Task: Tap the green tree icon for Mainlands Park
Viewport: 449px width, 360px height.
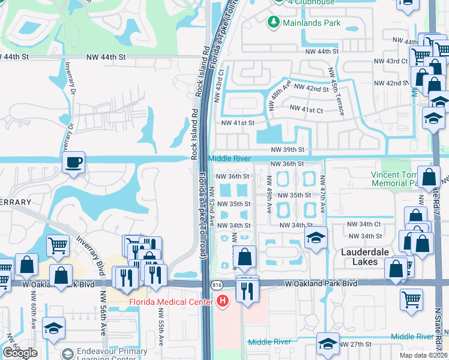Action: [274, 23]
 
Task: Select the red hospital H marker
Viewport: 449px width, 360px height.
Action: [223, 301]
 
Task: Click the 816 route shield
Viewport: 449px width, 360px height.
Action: [215, 284]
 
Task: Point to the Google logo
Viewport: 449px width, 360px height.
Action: [20, 353]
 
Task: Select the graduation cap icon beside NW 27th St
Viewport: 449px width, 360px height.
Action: [327, 344]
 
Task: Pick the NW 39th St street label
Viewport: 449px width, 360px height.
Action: [288, 149]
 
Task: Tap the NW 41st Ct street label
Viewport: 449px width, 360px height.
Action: [306, 109]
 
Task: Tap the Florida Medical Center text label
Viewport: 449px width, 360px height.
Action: [170, 301]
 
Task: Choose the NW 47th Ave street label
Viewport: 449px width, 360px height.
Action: [322, 194]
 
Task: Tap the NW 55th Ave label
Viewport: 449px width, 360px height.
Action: [161, 328]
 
